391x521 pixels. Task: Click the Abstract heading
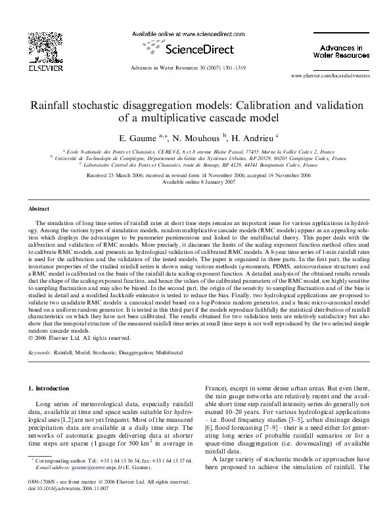click(38, 208)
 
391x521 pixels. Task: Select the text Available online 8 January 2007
click(195, 182)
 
